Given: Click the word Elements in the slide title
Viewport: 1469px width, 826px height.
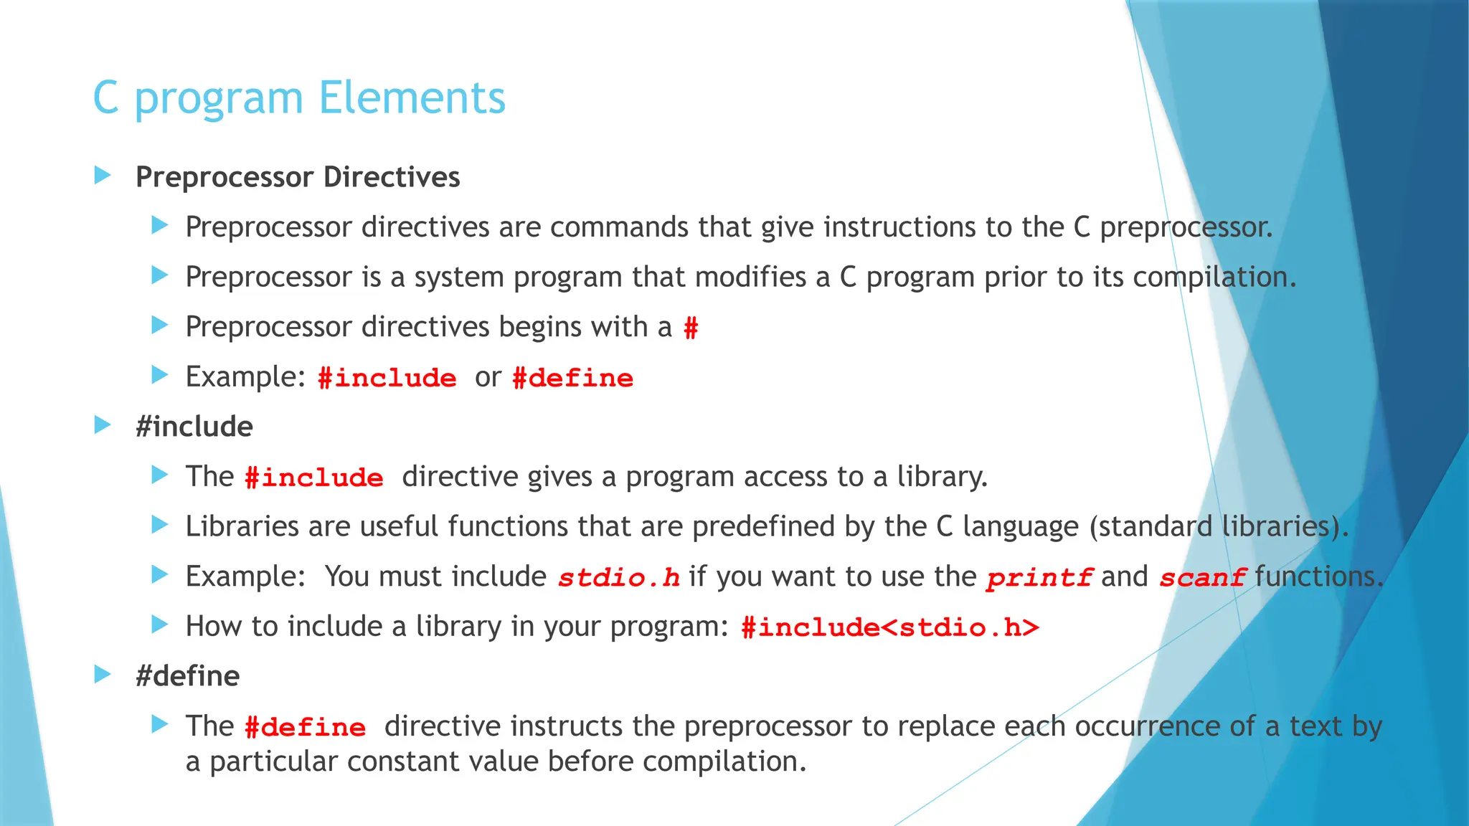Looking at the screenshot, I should [x=412, y=98].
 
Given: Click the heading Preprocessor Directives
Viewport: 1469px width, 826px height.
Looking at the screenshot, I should [x=298, y=177].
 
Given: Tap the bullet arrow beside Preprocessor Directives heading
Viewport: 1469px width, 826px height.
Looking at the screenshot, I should [x=103, y=175].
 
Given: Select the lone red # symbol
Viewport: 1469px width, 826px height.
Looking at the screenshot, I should [x=691, y=328].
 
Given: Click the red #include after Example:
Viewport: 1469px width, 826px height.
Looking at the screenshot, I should [x=387, y=378].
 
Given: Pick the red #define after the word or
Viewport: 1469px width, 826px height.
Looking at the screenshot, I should [x=572, y=378].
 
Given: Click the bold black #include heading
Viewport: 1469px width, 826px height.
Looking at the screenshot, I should [x=194, y=427].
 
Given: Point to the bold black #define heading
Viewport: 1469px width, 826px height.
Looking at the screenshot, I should [x=188, y=676].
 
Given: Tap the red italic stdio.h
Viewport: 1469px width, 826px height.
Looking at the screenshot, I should [x=618, y=577].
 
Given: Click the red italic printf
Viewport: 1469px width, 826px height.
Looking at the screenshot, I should [x=1039, y=577].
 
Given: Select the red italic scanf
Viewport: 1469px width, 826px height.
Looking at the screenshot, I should [x=1202, y=577].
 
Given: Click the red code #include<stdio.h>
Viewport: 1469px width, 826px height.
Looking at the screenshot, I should [x=889, y=627].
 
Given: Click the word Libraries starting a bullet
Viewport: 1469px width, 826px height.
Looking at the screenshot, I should [x=242, y=526].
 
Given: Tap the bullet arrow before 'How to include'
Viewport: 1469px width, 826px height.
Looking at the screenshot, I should [x=160, y=625].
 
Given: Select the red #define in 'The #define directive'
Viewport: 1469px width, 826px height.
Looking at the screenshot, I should [x=305, y=727].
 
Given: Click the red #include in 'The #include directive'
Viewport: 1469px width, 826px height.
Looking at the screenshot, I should [x=313, y=478].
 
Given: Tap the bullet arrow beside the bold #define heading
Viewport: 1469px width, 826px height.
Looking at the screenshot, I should [x=103, y=674].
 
